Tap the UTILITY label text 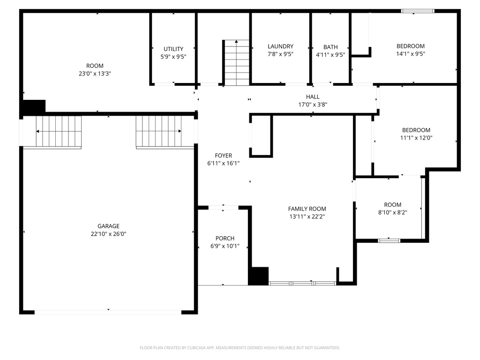click(x=173, y=49)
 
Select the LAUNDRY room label click(x=280, y=46)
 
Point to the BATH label click(x=330, y=47)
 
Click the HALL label click(x=313, y=97)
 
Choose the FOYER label click(x=223, y=156)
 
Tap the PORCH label click(x=225, y=238)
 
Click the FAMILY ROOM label click(x=307, y=209)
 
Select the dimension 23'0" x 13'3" click(x=95, y=74)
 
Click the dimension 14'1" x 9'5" click(x=410, y=54)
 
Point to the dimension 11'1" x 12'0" click(x=416, y=138)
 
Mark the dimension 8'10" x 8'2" click(x=392, y=212)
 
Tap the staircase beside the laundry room click(x=237, y=63)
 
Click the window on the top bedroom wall click(x=417, y=11)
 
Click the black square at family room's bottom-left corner click(x=258, y=276)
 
